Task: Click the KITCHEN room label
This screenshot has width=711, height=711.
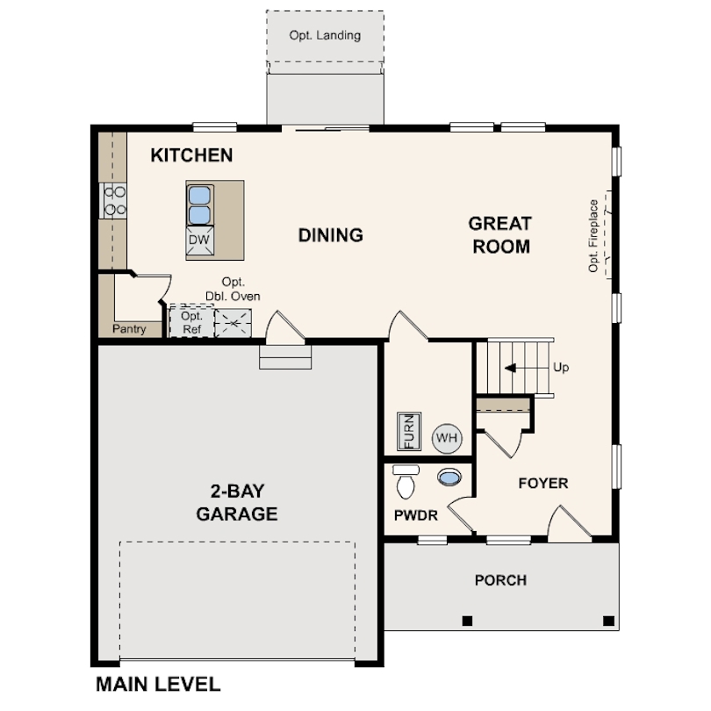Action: click(191, 155)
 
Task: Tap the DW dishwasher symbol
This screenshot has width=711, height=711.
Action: click(199, 240)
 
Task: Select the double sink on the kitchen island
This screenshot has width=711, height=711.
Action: click(199, 205)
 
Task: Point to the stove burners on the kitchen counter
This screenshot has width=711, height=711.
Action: click(114, 199)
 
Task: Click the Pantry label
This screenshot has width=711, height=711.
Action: click(129, 329)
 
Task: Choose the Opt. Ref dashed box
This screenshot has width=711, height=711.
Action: click(190, 322)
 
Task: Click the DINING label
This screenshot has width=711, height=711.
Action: click(330, 235)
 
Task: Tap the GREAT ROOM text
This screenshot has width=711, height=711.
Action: click(500, 235)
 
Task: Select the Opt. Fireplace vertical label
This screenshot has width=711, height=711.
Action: click(594, 235)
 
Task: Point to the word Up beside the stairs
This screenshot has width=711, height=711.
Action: click(561, 368)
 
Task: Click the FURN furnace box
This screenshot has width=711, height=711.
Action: click(408, 431)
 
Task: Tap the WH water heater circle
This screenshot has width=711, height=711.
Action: click(446, 436)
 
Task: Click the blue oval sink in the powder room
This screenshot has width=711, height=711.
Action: click(449, 478)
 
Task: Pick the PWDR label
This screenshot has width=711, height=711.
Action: click(415, 515)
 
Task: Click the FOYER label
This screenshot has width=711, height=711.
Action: click(542, 483)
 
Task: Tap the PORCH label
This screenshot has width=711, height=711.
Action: click(500, 580)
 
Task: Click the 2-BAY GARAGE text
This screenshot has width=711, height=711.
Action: click(237, 502)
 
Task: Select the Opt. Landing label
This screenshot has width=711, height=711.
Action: click(325, 36)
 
